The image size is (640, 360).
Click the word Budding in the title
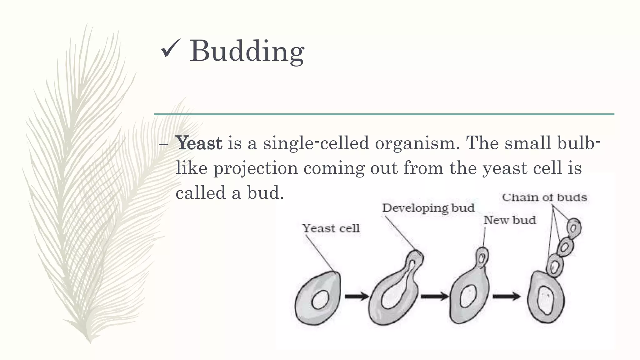tap(247, 51)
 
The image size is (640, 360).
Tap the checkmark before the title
tap(171, 49)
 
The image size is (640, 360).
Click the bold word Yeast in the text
tap(199, 143)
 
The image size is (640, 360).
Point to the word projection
tap(256, 168)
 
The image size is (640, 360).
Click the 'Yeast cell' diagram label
tap(331, 228)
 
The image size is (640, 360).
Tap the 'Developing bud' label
tap(428, 208)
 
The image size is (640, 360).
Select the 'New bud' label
tap(510, 220)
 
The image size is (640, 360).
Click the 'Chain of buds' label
tap(544, 197)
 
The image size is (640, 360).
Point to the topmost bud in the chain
tap(574, 228)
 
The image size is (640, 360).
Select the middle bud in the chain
tap(565, 247)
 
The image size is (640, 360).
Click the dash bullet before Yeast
tap(163, 144)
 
